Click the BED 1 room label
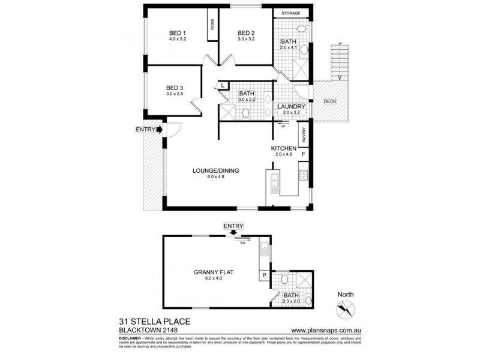pyautogui.click(x=177, y=34)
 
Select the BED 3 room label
pyautogui.click(x=175, y=88)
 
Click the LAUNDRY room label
pyautogui.click(x=291, y=107)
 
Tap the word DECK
pyautogui.click(x=330, y=101)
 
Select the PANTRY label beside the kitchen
pyautogui.click(x=304, y=136)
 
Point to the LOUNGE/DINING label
pyautogui.click(x=216, y=170)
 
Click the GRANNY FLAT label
pyautogui.click(x=213, y=272)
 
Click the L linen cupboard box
pyautogui.click(x=222, y=86)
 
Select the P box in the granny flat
pyautogui.click(x=263, y=275)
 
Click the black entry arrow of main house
pyautogui.click(x=159, y=129)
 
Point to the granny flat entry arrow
pyautogui.click(x=233, y=232)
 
